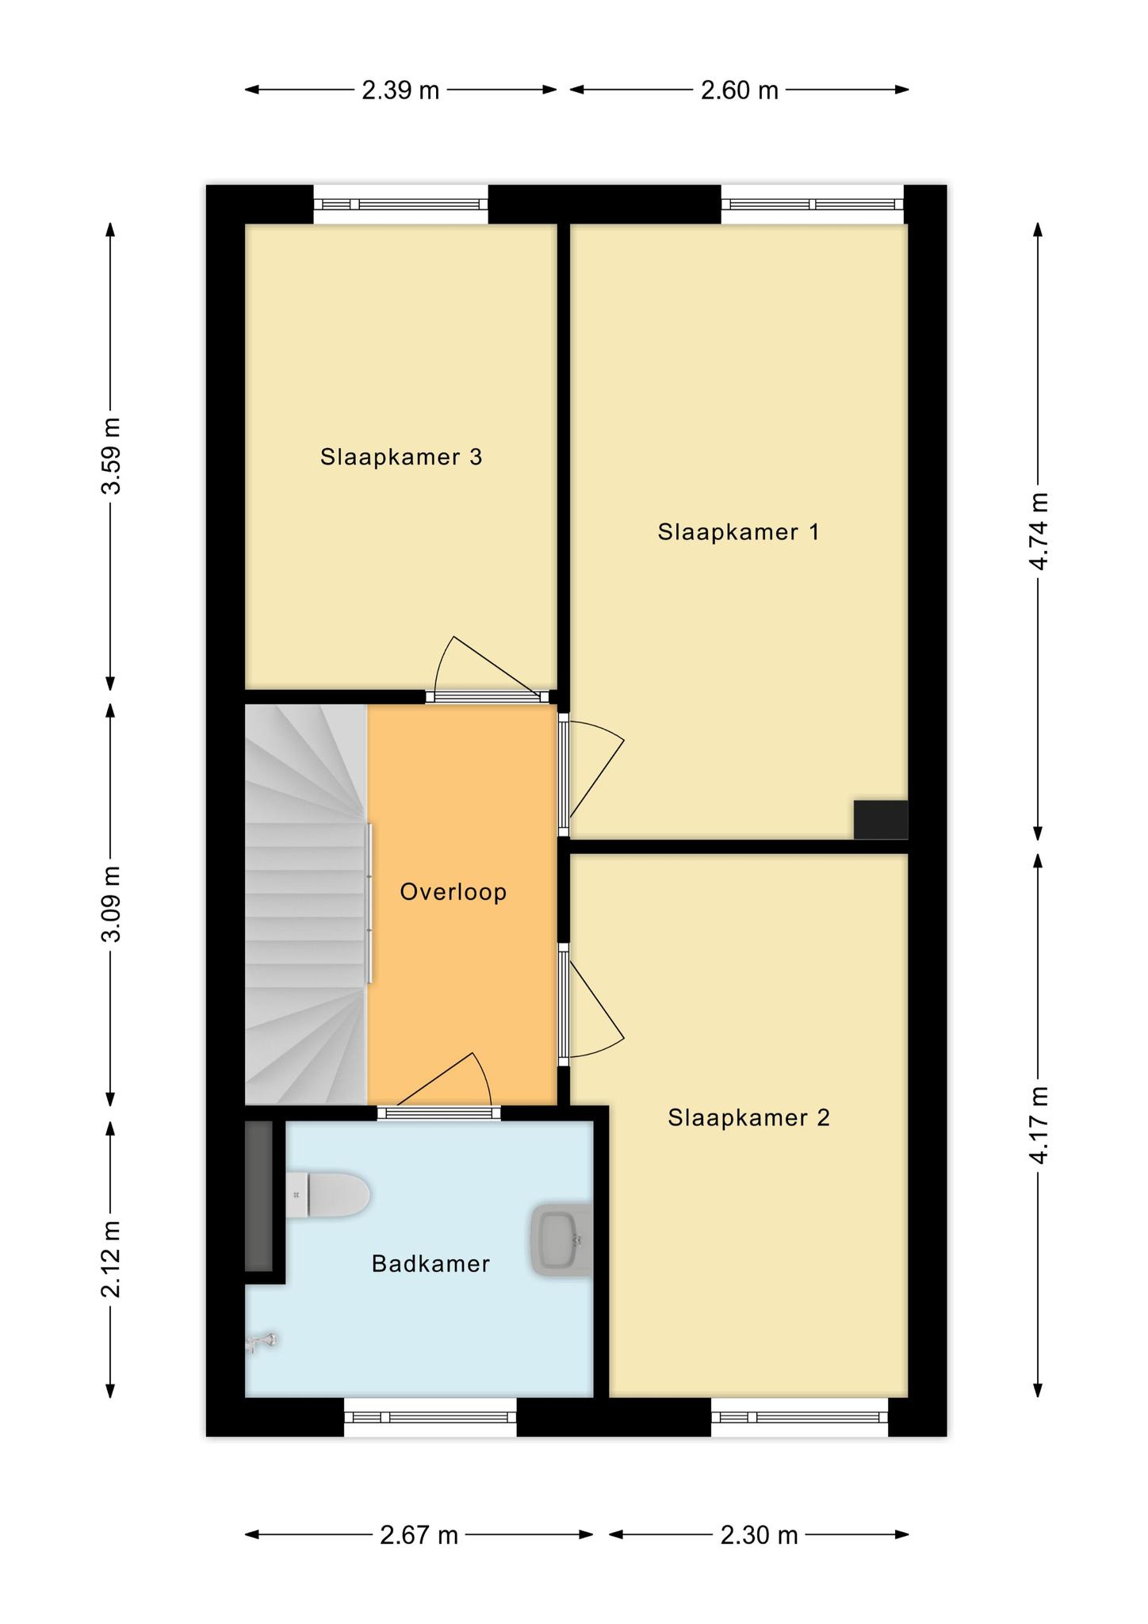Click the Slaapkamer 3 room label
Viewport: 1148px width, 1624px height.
point(401,457)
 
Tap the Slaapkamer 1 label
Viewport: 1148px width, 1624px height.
point(739,531)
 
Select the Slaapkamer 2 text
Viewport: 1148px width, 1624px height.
point(748,1117)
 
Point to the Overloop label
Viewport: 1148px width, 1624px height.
point(453,892)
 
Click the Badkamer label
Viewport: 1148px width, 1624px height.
point(430,1264)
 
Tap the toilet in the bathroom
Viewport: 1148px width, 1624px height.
point(327,1194)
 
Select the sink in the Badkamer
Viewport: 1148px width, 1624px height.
point(561,1241)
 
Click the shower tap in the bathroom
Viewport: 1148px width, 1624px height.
point(261,1342)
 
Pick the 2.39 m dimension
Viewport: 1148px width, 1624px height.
point(400,90)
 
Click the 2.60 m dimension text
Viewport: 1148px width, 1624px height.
point(740,90)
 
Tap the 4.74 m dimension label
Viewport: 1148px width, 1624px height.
point(1039,530)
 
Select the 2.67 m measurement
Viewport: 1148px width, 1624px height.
point(419,1535)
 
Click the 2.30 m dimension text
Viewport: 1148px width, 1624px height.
point(759,1535)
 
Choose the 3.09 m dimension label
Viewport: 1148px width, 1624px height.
point(111,904)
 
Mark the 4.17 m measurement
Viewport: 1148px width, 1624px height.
point(1039,1125)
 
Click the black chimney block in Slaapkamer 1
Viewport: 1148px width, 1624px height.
point(881,819)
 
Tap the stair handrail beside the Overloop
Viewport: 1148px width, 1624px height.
point(369,903)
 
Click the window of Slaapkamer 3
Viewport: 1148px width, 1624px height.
point(400,204)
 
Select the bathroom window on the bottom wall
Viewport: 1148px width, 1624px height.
point(430,1417)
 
